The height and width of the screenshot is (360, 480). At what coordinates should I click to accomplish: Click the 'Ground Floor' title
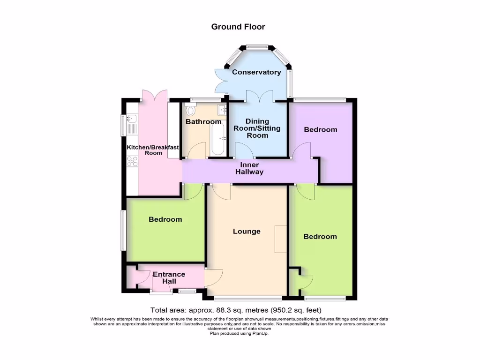pos(238,27)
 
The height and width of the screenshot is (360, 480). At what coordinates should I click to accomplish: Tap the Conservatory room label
pos(256,72)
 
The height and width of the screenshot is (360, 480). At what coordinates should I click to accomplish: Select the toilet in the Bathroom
pos(190,111)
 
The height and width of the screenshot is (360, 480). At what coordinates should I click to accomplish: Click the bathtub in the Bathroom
pos(217,137)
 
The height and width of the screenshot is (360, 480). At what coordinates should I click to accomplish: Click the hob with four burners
pos(132,161)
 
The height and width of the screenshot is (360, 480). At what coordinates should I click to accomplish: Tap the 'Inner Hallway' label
pos(249,169)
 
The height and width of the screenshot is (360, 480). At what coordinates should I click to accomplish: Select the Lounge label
pos(247,232)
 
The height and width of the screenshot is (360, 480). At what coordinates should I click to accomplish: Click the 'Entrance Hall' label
pos(169,277)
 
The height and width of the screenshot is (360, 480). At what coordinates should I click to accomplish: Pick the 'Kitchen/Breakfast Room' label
pos(153,150)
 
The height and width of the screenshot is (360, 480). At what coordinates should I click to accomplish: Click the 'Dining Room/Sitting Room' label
pos(257,128)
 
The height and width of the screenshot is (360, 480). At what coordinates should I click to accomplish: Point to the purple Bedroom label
pos(320,129)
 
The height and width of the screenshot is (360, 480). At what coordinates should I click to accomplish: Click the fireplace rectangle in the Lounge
pos(280,239)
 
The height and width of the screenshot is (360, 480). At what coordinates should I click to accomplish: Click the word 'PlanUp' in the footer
pos(260,333)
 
